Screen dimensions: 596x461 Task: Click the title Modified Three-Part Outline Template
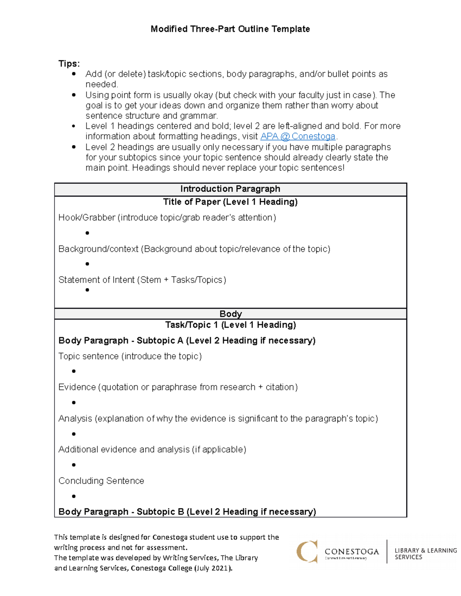click(230, 29)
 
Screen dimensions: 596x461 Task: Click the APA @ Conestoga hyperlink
click(298, 137)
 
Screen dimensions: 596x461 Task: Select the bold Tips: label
click(69, 64)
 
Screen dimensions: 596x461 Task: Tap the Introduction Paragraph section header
click(230, 189)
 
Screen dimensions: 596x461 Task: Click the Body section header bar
click(230, 314)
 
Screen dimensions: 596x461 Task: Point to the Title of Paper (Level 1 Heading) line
click(230, 202)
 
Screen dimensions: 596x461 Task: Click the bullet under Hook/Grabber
click(87, 233)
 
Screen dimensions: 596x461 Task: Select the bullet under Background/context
click(87, 264)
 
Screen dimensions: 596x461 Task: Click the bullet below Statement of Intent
click(87, 290)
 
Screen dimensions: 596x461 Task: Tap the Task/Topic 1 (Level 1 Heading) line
click(230, 325)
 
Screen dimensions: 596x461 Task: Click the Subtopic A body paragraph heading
click(187, 341)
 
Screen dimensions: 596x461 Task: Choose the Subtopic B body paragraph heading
click(187, 512)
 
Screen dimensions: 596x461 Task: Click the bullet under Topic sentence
click(74, 371)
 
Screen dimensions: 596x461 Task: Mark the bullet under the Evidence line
click(74, 403)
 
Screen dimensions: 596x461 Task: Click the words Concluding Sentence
click(101, 481)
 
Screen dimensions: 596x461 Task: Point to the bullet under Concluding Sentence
click(74, 496)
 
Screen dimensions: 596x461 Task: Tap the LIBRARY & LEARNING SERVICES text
click(425, 554)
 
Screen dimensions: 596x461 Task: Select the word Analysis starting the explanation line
click(75, 419)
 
